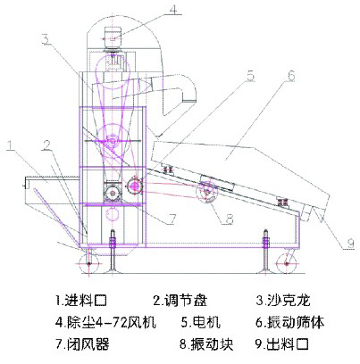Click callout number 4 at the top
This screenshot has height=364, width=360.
click(x=173, y=9)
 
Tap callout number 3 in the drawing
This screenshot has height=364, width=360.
click(x=46, y=38)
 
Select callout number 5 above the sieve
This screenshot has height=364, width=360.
click(x=251, y=76)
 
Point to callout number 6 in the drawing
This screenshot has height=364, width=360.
click(x=291, y=76)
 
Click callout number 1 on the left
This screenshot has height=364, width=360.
click(x=11, y=145)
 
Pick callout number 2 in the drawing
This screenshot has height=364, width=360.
click(x=46, y=145)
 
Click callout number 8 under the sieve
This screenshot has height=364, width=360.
click(x=230, y=219)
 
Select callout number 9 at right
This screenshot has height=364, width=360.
click(x=351, y=244)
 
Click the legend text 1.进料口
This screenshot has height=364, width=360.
click(x=81, y=300)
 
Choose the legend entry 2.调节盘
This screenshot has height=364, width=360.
click(x=180, y=300)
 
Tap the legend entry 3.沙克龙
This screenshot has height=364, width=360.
click(x=283, y=300)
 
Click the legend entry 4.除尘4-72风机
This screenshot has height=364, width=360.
click(x=105, y=322)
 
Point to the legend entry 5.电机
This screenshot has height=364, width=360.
click(x=201, y=322)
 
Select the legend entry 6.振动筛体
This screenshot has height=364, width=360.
click(x=289, y=322)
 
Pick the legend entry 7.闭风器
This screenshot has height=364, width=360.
click(x=82, y=344)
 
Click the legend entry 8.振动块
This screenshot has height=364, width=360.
click(x=206, y=344)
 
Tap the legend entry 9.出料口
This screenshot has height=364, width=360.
click(x=282, y=344)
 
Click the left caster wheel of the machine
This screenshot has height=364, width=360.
click(x=88, y=263)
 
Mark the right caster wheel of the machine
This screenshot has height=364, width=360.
click(x=286, y=263)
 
